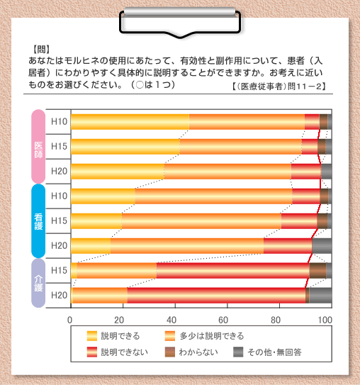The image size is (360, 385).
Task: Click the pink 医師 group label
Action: click(x=38, y=147)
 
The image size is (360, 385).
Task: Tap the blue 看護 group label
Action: click(x=38, y=221)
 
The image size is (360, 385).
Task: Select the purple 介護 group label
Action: click(x=38, y=283)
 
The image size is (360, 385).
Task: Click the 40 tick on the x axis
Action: click(x=171, y=320)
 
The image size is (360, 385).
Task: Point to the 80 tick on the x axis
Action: click(x=276, y=320)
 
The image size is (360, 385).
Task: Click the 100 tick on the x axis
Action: click(x=325, y=320)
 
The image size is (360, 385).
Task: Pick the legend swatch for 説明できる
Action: click(x=92, y=336)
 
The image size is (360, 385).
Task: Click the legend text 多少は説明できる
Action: click(x=212, y=336)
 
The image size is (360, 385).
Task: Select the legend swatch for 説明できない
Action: click(x=92, y=352)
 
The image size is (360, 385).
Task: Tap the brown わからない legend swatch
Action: click(x=170, y=352)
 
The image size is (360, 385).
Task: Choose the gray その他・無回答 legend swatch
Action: click(x=238, y=352)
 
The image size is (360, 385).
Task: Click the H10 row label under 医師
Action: click(x=59, y=121)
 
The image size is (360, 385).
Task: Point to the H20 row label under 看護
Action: click(x=59, y=245)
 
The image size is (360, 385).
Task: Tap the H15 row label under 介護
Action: click(x=59, y=270)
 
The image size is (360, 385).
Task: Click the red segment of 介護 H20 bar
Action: click(x=216, y=296)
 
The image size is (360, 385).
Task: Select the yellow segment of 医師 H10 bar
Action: click(x=130, y=122)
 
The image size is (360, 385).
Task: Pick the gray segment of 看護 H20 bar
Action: click(x=322, y=246)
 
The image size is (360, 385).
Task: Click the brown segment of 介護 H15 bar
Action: click(x=317, y=271)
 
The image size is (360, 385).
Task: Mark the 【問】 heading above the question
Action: click(x=41, y=50)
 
